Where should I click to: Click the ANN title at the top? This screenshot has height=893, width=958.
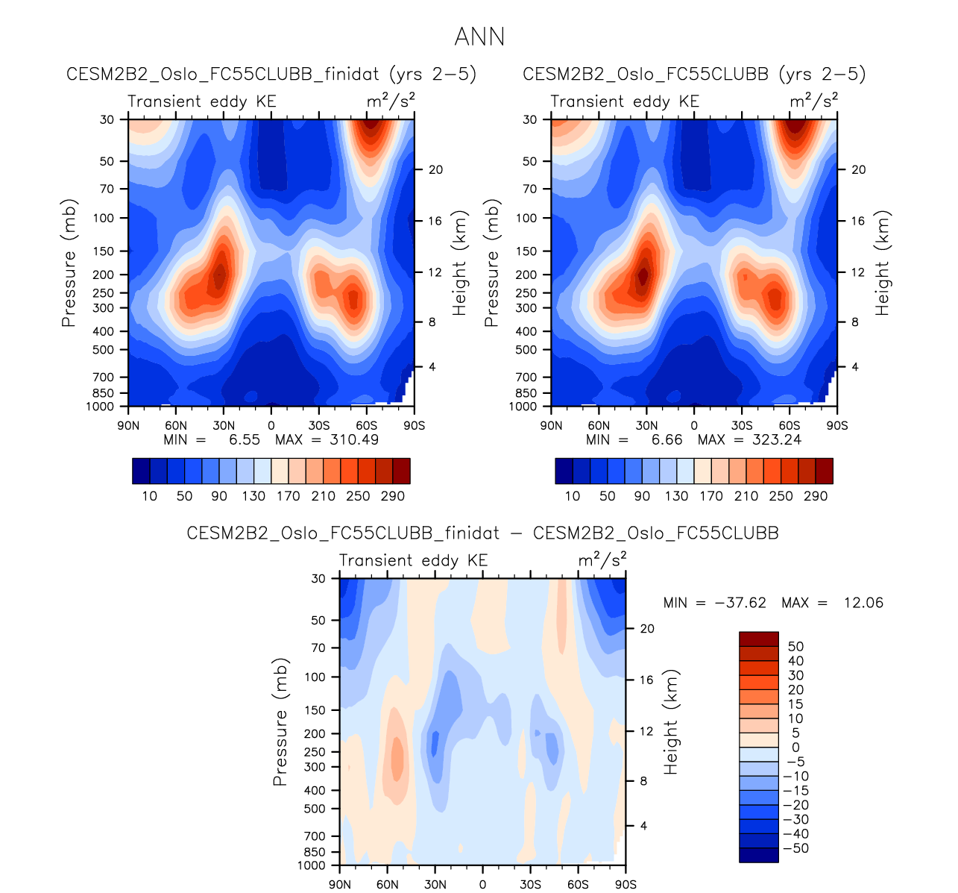tap(479, 37)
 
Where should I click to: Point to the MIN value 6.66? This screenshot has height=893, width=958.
tap(666, 440)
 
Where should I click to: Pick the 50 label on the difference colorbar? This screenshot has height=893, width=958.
tap(796, 647)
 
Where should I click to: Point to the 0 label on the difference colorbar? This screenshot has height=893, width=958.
tap(795, 748)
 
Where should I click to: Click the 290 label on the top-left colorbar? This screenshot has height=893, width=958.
tap(392, 497)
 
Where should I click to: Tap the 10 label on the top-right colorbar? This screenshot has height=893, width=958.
tap(573, 497)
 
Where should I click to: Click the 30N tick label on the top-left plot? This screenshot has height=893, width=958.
tap(223, 426)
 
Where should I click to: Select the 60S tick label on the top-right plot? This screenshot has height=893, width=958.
tap(790, 426)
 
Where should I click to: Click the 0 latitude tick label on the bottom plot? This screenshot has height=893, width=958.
tap(483, 885)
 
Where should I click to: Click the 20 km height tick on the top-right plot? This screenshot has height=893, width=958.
tap(859, 170)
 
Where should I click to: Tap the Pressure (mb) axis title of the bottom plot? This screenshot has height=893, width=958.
tap(280, 722)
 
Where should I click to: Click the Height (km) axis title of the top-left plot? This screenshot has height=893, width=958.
tap(459, 263)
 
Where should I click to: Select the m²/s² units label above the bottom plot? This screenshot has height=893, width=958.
tap(602, 559)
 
